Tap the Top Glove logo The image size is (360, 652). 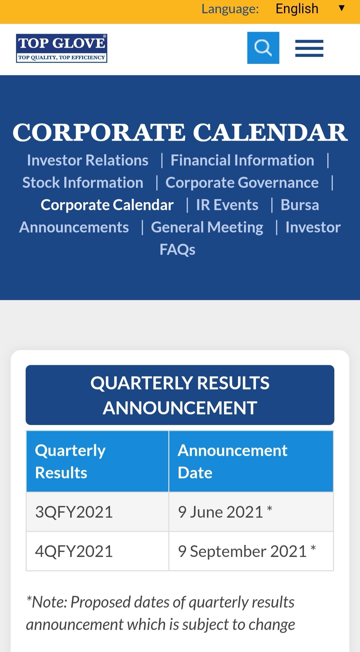[x=62, y=48]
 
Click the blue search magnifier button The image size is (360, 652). [x=263, y=48]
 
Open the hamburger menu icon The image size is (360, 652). [x=309, y=48]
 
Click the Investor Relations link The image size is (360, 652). [x=88, y=160]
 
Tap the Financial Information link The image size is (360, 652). [x=242, y=160]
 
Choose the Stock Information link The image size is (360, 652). [x=83, y=183]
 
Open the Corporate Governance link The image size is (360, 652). [x=242, y=183]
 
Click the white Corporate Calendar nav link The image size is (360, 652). [x=107, y=205]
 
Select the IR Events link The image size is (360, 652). [x=227, y=205]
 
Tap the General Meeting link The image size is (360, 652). [x=207, y=227]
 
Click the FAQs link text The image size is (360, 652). [x=177, y=250]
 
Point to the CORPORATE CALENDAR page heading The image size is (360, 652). [x=180, y=132]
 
